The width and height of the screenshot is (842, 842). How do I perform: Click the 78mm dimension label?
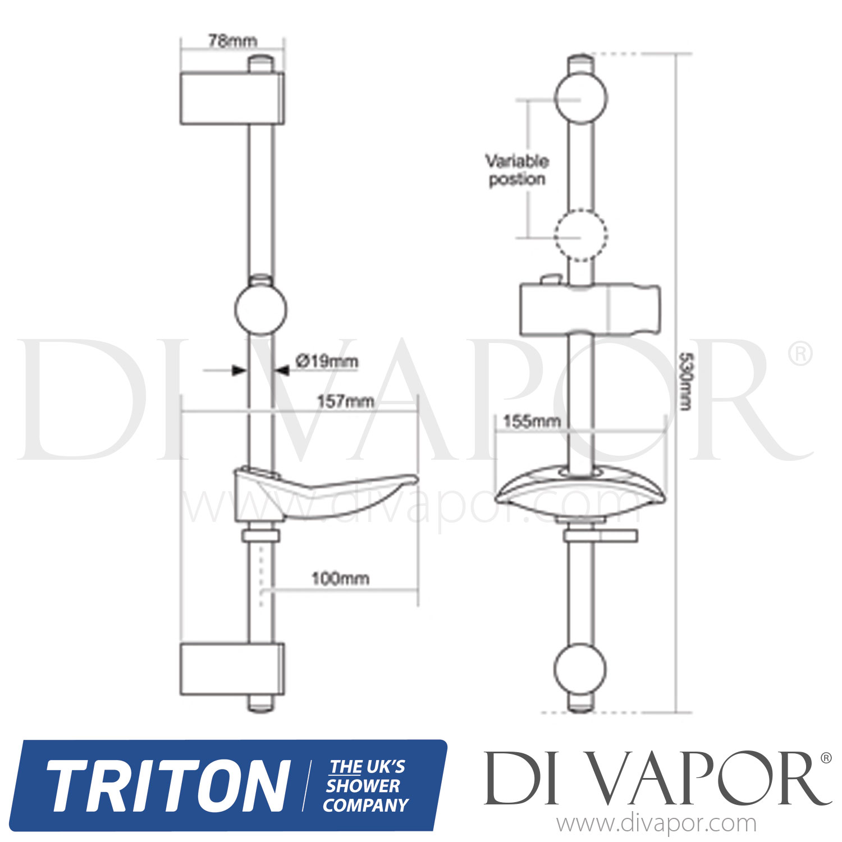pos(232,41)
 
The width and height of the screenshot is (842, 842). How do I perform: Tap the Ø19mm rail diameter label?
pos(327,361)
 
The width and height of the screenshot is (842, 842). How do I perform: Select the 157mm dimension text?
pos(345,401)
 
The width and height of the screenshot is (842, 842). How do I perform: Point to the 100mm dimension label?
pos(340,579)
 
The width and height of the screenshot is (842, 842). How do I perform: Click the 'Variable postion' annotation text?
pos(516,170)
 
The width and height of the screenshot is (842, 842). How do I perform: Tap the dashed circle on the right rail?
pos(580,235)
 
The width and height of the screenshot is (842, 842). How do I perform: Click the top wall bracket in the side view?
pos(231,98)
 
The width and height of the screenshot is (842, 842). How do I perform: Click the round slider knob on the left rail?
pos(260,309)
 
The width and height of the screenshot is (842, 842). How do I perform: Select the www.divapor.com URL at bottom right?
pos(656,824)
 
